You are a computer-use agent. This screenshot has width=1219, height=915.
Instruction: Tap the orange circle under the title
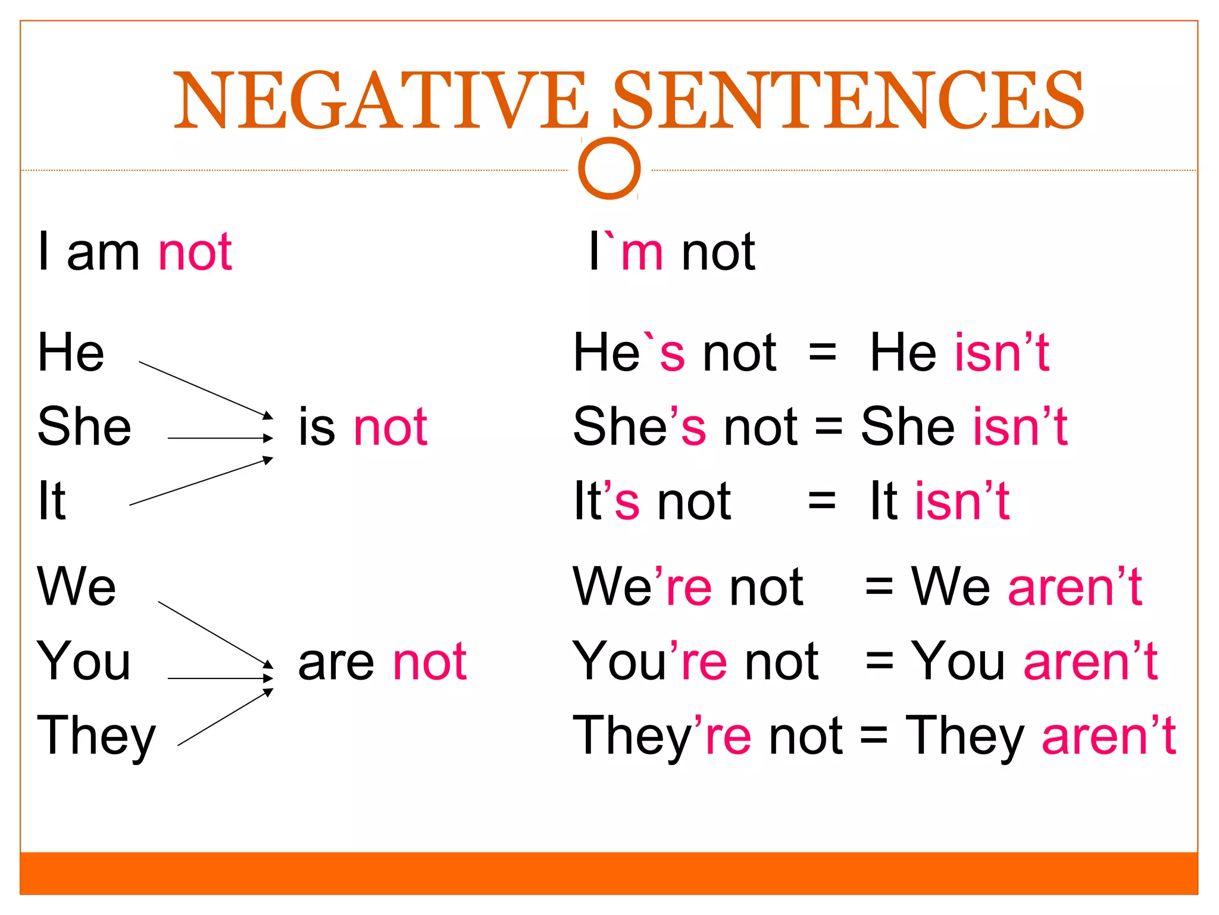point(609,168)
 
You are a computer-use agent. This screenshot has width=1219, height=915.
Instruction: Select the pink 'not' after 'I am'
point(195,253)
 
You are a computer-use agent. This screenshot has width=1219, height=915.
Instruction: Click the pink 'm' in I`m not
point(642,253)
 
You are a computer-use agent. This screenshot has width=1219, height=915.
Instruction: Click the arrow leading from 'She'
point(220,438)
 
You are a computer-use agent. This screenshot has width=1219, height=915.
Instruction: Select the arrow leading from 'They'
point(225,717)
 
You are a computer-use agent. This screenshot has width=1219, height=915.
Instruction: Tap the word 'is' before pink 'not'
point(317,427)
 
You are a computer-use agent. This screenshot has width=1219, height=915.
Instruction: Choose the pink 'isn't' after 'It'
point(962,501)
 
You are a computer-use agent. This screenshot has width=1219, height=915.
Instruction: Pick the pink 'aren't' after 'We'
point(1075,587)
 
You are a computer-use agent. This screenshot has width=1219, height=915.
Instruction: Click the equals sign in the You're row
point(880,661)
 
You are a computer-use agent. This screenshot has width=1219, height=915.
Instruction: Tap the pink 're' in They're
point(727,736)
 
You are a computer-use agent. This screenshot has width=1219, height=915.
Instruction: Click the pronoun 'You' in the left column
point(84,661)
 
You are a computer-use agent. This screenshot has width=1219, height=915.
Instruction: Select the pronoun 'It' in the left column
point(52,501)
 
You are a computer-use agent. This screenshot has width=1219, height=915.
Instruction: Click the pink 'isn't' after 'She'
point(1020,427)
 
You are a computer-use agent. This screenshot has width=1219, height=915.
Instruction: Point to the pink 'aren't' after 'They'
point(1109,736)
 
